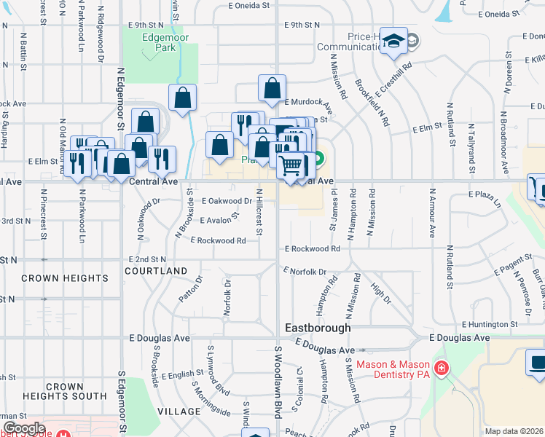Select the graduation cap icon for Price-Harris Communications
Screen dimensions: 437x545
(x=393, y=42)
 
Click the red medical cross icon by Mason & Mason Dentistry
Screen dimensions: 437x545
(x=440, y=369)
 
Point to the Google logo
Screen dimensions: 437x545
(x=24, y=428)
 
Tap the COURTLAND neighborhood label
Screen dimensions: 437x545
(x=156, y=271)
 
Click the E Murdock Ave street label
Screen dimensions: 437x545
(x=308, y=102)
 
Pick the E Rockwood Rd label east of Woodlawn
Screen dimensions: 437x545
(x=313, y=248)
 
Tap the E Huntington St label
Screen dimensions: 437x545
(x=489, y=324)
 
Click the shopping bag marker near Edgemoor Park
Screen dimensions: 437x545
(x=183, y=97)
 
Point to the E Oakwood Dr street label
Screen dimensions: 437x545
(x=227, y=200)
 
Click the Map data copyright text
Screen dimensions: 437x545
(x=514, y=431)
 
